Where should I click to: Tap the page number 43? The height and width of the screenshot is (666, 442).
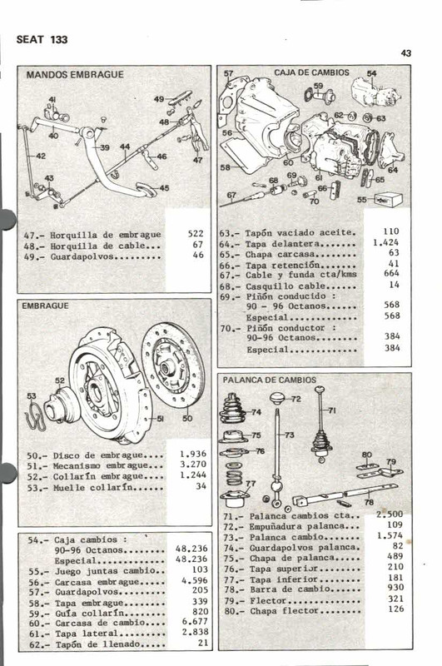[x=406, y=53]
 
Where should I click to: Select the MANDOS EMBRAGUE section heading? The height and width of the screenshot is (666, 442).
[x=75, y=75]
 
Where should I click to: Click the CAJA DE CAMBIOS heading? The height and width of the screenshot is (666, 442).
[x=311, y=73]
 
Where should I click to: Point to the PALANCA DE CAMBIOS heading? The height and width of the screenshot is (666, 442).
[x=270, y=380]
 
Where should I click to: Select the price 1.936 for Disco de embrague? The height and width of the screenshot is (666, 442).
[x=193, y=455]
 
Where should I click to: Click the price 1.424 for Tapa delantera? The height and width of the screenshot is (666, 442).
[x=385, y=242]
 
